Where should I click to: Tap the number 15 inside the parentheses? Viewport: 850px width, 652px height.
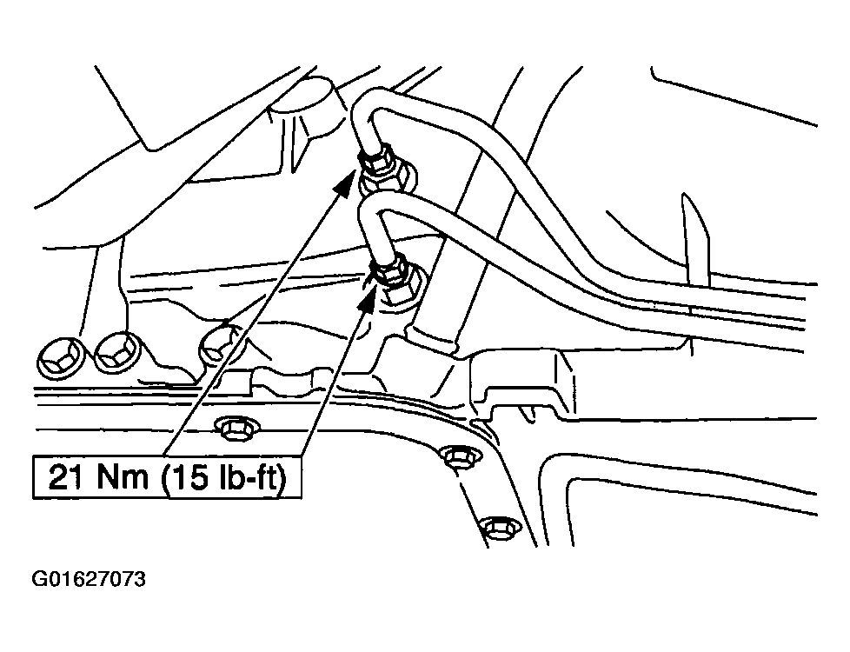click(x=189, y=478)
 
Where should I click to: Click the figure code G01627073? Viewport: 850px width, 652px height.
click(x=89, y=579)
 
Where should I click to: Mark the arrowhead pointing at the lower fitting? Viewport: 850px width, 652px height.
click(x=368, y=297)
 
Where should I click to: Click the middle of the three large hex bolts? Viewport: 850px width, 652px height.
click(x=117, y=354)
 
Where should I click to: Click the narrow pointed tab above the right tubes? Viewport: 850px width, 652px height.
click(x=695, y=239)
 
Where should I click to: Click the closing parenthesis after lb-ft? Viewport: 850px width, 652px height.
click(x=282, y=478)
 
